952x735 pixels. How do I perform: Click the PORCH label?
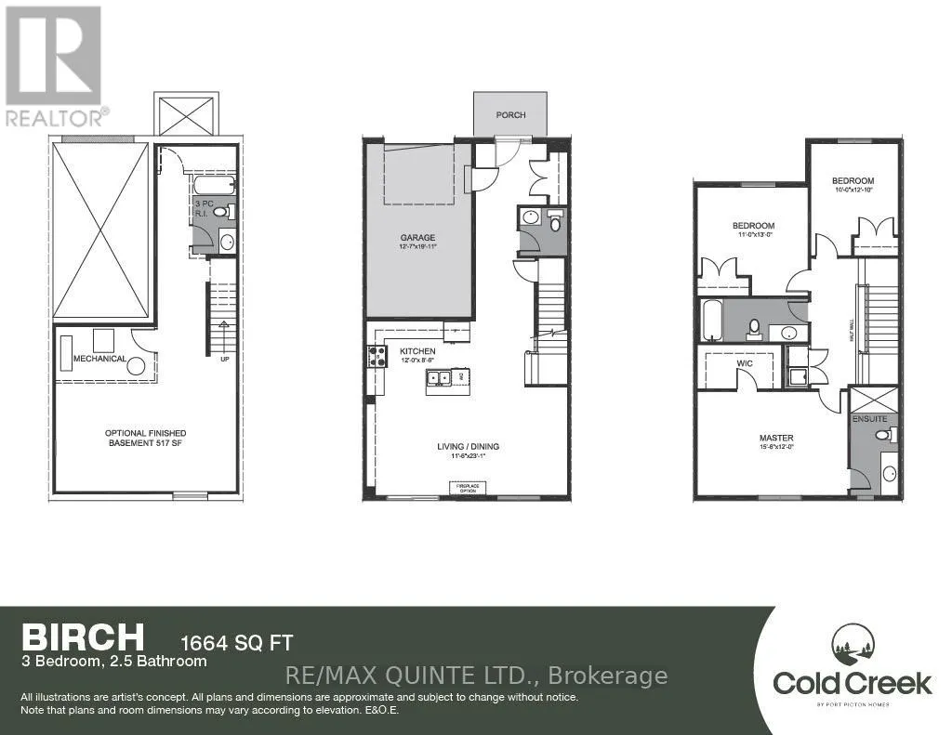coord(510,115)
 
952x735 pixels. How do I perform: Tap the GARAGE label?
coord(417,238)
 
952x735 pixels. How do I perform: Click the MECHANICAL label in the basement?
coord(100,359)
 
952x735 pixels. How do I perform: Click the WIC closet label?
coord(745,363)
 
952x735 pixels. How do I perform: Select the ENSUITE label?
coord(872,419)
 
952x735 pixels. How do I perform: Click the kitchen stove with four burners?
coord(378,356)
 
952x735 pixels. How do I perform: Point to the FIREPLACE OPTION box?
coord(467,488)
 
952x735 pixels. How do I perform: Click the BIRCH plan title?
coord(84,637)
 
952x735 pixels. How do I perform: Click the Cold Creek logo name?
coord(852,684)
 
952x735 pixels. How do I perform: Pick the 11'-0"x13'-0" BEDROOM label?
coord(753,226)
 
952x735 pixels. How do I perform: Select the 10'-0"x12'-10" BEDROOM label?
coord(853,181)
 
